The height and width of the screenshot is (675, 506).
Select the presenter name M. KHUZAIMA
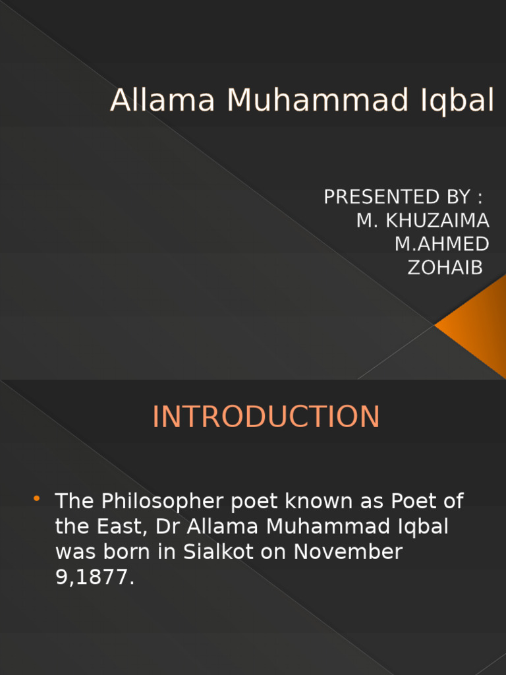click(422, 220)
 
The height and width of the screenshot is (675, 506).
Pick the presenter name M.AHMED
click(441, 244)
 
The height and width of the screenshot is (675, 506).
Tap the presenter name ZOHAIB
click(445, 268)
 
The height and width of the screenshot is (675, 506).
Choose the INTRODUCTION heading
click(266, 417)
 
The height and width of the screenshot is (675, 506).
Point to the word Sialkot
click(221, 552)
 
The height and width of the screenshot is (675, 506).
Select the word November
click(348, 552)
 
